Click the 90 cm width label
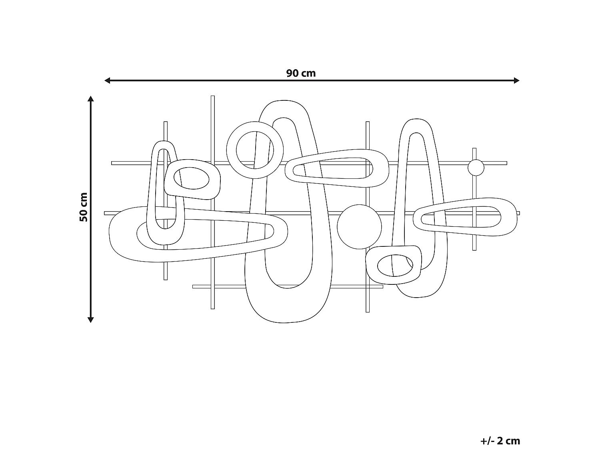(301, 73)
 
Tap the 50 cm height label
(83, 207)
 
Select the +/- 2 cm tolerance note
(500, 430)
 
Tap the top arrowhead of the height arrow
(91, 99)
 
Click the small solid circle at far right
(476, 168)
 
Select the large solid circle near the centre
(359, 227)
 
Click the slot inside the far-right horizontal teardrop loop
(460, 216)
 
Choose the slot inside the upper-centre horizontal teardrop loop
(332, 168)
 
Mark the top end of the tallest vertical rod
(213, 97)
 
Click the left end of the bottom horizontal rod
(194, 286)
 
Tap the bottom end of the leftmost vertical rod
(166, 278)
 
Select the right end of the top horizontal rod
(506, 163)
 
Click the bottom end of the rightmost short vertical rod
(474, 249)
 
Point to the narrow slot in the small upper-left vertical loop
(162, 188)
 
